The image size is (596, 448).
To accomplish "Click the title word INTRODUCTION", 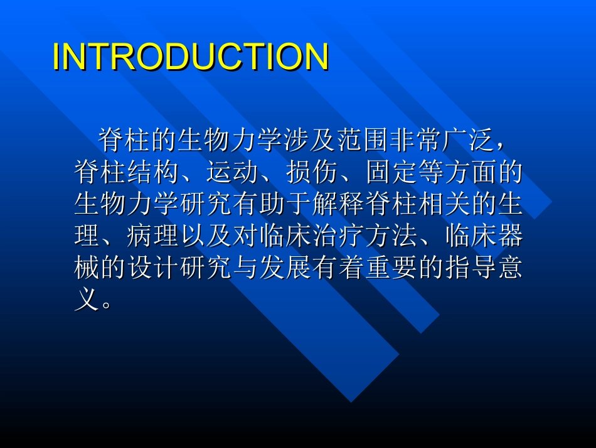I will [x=191, y=57].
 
